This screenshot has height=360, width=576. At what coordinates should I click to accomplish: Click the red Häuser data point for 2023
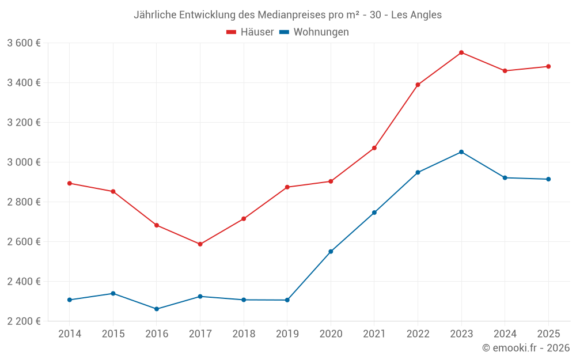(461, 52)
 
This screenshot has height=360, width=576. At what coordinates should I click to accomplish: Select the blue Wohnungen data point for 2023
(461, 152)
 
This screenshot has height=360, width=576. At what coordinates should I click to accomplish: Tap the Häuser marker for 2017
(200, 244)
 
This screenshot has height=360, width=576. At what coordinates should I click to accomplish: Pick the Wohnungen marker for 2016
(157, 309)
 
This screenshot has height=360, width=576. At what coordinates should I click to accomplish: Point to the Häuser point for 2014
(70, 183)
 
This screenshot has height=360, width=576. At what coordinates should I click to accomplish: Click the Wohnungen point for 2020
(331, 252)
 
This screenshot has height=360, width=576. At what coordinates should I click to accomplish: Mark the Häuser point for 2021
(374, 148)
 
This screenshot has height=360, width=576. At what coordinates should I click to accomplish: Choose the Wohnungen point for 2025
(548, 179)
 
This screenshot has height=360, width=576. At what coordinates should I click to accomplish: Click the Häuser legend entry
(250, 32)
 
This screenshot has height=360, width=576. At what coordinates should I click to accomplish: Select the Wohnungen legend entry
(314, 32)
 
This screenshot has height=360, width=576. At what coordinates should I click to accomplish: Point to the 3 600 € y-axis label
(24, 43)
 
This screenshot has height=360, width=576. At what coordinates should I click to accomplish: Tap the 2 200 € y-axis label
(24, 321)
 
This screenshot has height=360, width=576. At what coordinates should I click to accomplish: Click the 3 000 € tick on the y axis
(24, 162)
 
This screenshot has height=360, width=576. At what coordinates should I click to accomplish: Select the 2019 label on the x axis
(287, 334)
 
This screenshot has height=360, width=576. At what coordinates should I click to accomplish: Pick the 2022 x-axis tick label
(418, 334)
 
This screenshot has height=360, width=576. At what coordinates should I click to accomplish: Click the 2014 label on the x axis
(70, 334)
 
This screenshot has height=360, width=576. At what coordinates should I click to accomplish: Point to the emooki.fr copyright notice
(525, 348)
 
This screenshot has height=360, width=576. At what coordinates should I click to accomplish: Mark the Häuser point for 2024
(505, 71)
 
